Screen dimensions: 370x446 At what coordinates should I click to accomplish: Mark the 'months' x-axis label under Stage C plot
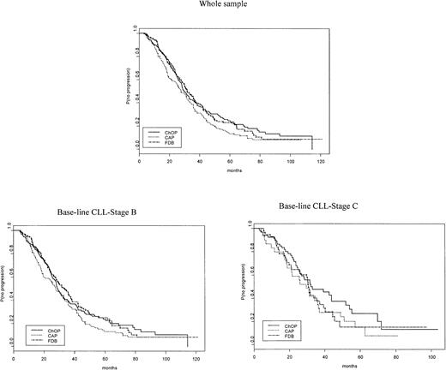click(343, 363)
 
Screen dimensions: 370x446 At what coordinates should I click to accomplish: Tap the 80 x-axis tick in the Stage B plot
click(133, 354)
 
